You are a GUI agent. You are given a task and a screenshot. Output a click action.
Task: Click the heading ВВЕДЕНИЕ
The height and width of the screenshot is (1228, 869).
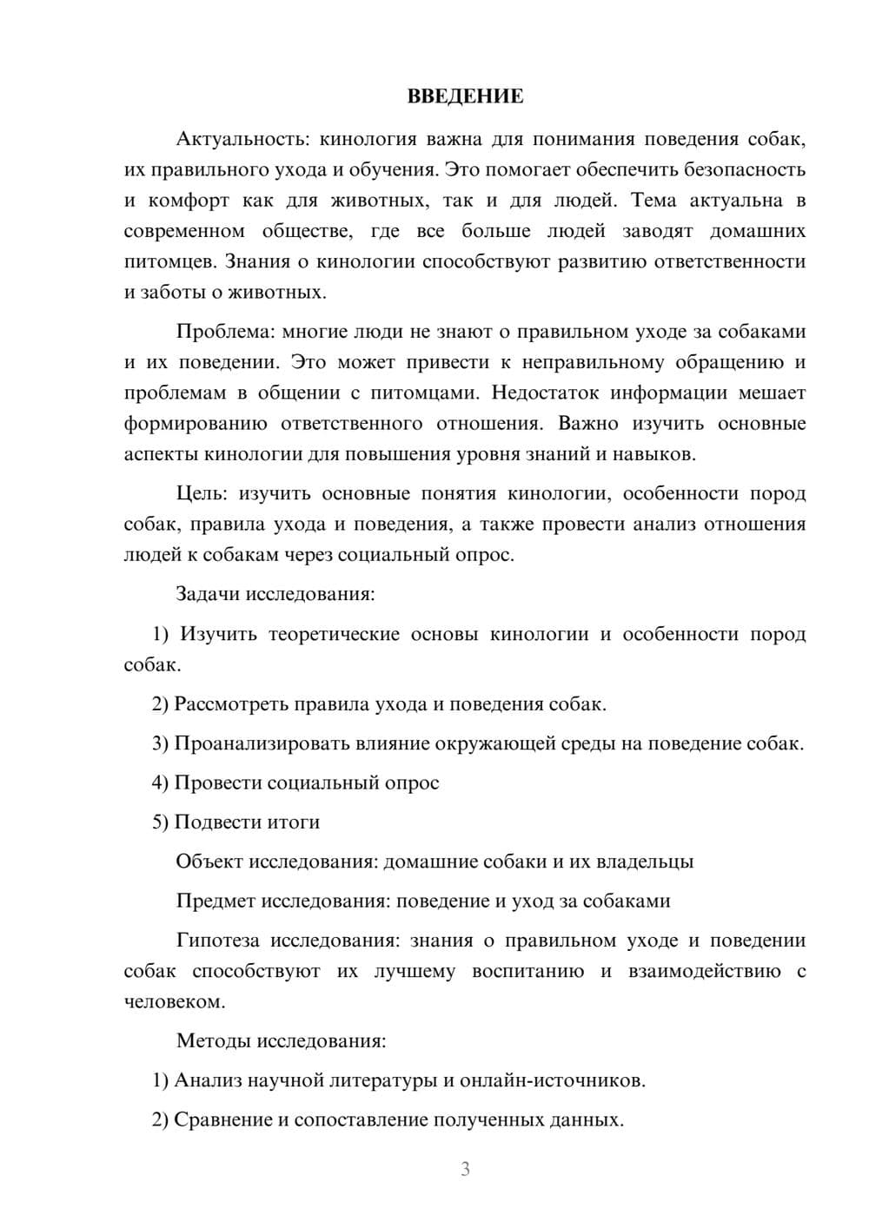[x=465, y=96]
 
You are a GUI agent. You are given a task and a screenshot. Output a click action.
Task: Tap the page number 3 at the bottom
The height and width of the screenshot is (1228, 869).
[x=465, y=1169]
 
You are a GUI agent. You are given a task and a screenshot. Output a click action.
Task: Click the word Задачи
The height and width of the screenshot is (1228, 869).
[x=209, y=595]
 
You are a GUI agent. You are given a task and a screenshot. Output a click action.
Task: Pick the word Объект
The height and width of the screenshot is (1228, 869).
[x=210, y=862]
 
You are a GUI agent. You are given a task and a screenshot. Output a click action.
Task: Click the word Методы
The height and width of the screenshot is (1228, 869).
[x=209, y=1040]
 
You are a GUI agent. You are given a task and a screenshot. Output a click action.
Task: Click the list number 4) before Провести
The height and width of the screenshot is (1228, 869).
[x=160, y=782]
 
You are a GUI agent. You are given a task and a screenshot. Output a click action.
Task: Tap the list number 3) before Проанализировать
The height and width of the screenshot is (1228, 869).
[x=160, y=743]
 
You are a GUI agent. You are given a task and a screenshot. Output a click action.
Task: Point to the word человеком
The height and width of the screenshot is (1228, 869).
[x=174, y=1001]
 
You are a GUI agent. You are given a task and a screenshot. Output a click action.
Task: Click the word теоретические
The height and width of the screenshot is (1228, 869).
[x=333, y=634]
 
